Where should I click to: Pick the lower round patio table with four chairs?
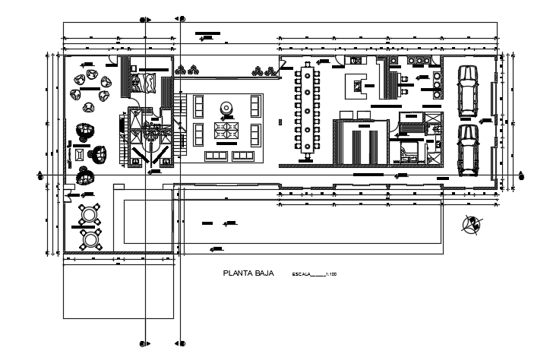click(x=90, y=238)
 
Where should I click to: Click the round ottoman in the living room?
click(x=226, y=109)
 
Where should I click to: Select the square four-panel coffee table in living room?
click(x=226, y=133)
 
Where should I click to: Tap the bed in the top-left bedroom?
click(x=147, y=81)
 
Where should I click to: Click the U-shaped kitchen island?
click(x=356, y=86)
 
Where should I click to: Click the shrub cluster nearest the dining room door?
click(x=264, y=71)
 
